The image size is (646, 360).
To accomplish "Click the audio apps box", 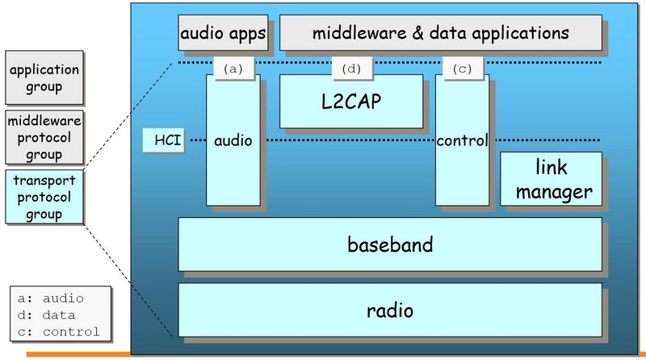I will (x=223, y=34).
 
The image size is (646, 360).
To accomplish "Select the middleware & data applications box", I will (x=440, y=34).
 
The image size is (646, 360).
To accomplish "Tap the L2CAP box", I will (x=351, y=102).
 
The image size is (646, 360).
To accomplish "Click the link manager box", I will (x=552, y=179).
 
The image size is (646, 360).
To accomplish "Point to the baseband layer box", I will (x=389, y=243).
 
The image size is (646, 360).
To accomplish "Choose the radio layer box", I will (x=389, y=309).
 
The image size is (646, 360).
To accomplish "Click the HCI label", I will (x=161, y=140).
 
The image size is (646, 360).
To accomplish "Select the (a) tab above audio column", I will (x=234, y=69).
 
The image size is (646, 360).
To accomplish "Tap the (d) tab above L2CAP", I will (x=352, y=69).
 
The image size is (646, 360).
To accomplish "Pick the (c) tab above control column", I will (x=462, y=69).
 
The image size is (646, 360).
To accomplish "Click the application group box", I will (x=44, y=78).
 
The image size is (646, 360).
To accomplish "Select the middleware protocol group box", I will (x=44, y=136).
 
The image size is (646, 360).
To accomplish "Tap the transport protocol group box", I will (x=44, y=197).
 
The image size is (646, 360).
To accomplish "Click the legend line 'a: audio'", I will (x=50, y=299).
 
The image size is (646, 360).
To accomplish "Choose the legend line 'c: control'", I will (x=58, y=331).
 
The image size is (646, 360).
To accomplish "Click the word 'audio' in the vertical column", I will (x=233, y=140).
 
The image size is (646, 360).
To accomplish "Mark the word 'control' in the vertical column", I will (x=462, y=140).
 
